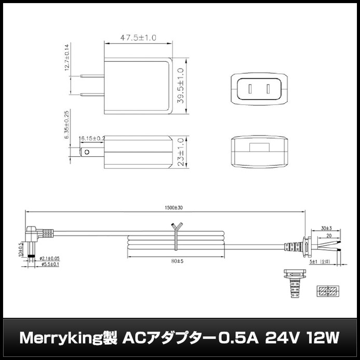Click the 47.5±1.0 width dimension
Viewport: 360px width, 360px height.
(138, 37)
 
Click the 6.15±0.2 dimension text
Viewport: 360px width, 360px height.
(92, 139)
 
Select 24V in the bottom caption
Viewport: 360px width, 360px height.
(281, 339)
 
